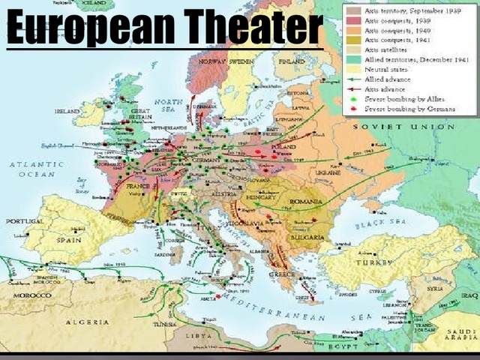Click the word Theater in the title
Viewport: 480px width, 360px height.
[x=254, y=28]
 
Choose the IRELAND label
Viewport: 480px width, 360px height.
[x=68, y=111]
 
